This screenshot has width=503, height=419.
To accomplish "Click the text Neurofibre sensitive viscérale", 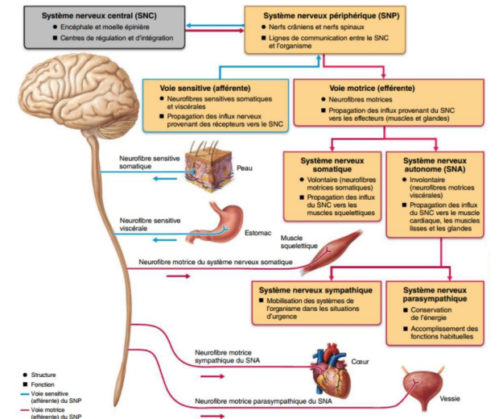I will pyautogui.click(x=150, y=224).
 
